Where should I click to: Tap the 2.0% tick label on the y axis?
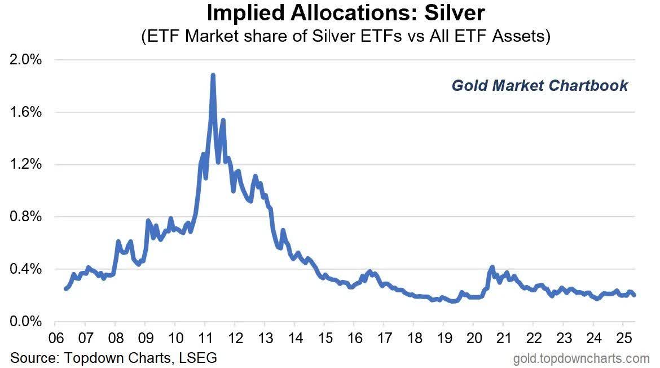pyautogui.click(x=24, y=60)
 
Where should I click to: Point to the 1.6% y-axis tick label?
pyautogui.click(x=24, y=112)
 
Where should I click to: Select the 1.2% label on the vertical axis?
pyautogui.click(x=24, y=164)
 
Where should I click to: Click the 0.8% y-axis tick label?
pyautogui.click(x=24, y=217)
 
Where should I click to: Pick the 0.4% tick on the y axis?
pyautogui.click(x=24, y=269)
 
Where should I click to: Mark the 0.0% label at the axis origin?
pyautogui.click(x=24, y=322)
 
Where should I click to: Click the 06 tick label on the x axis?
pyautogui.click(x=55, y=339)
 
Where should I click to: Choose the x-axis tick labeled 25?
pyautogui.click(x=622, y=339)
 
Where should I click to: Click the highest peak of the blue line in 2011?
pyautogui.click(x=213, y=75)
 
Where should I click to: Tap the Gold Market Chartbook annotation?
pyautogui.click(x=539, y=85)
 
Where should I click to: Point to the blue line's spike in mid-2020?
pyautogui.click(x=492, y=267)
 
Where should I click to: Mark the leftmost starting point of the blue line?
pyautogui.click(x=66, y=288)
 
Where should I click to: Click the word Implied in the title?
pyautogui.click(x=243, y=12)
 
